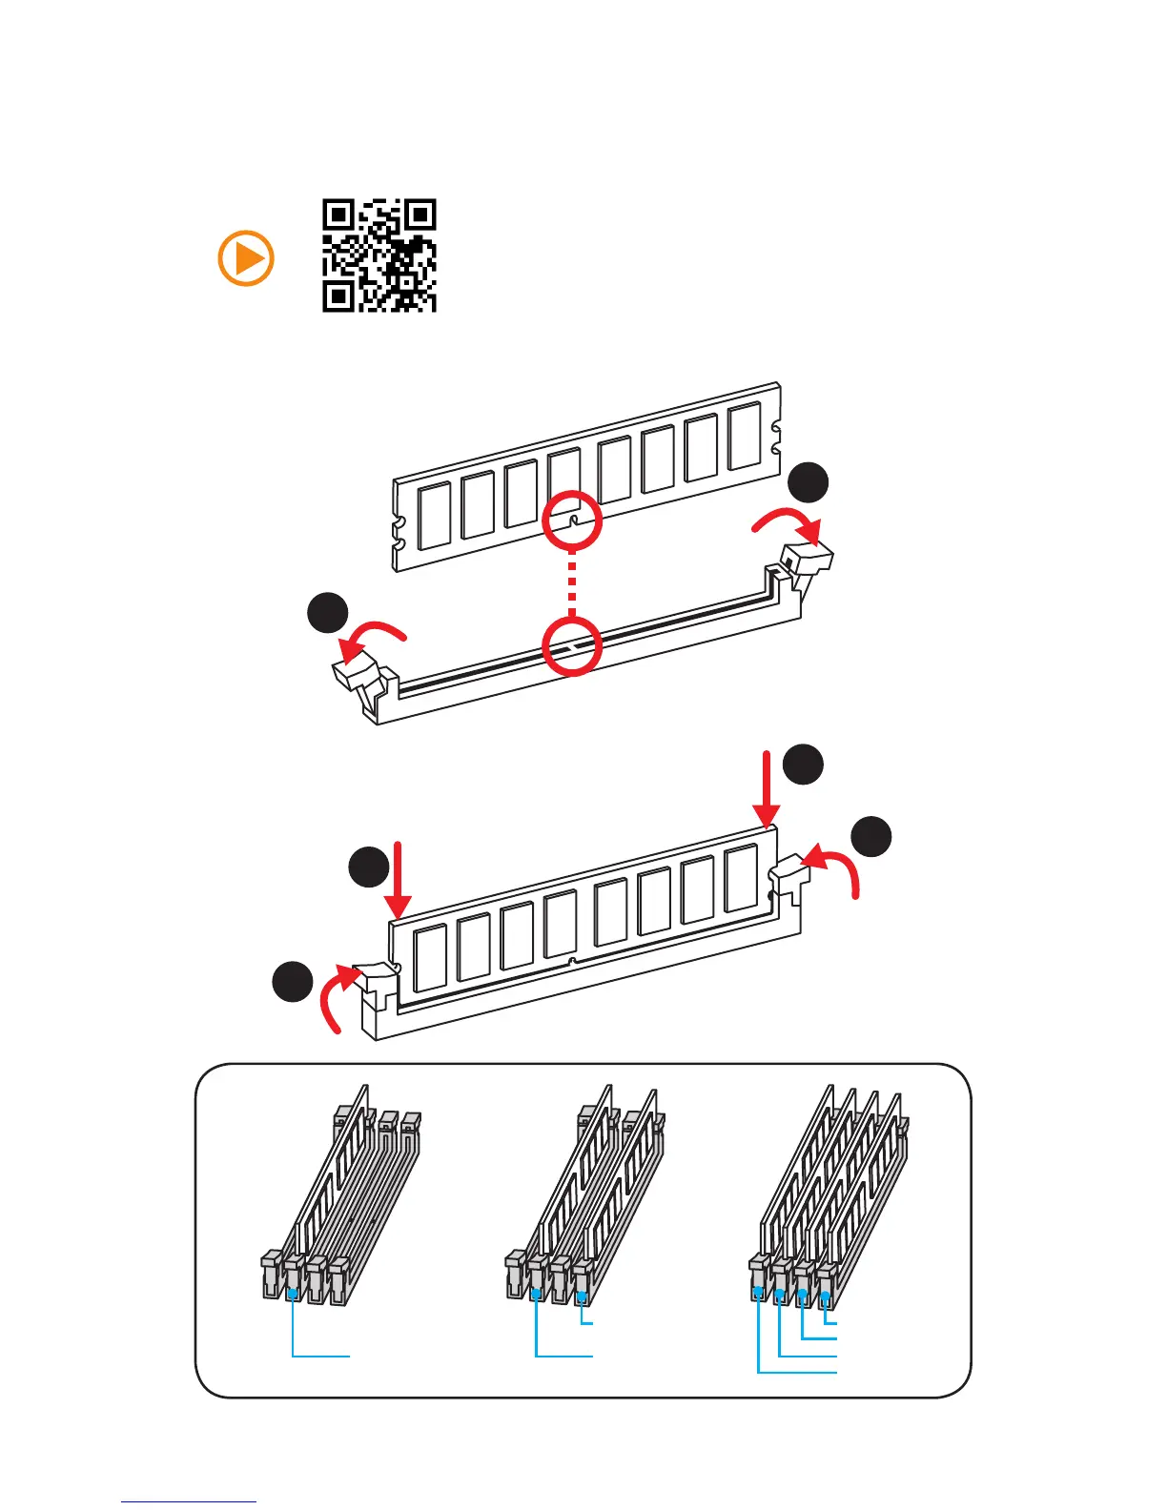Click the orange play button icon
point(246,258)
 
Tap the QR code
point(379,255)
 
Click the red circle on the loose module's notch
point(572,520)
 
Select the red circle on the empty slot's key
point(572,645)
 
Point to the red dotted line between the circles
point(572,583)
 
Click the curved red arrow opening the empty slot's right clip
point(788,522)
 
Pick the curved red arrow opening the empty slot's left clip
point(375,636)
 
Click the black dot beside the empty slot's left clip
point(327,612)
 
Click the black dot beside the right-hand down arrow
point(803,764)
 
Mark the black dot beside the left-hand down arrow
point(368,867)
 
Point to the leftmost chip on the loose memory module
point(434,515)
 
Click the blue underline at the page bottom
point(189,1501)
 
